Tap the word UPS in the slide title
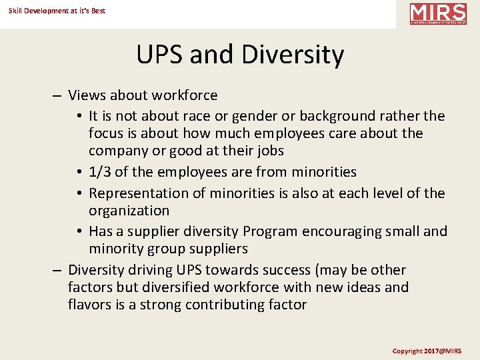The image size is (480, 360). point(160,55)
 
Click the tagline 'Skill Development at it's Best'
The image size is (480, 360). point(57,11)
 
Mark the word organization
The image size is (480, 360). point(129,211)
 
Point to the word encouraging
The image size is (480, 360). point(344,231)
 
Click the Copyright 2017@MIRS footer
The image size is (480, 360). point(427,351)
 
